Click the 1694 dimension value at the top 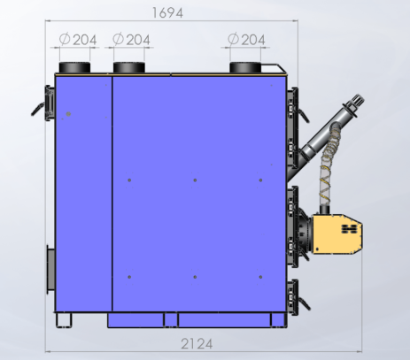point(167,13)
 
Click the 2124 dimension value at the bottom point(197,344)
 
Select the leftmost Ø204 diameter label point(78,40)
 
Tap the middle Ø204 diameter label point(132,40)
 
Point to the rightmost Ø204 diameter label point(246,40)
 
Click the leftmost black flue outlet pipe point(74,67)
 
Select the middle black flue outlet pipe point(129,67)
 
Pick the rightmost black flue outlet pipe point(245,67)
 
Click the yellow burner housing point(337,234)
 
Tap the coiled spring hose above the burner point(329,165)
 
